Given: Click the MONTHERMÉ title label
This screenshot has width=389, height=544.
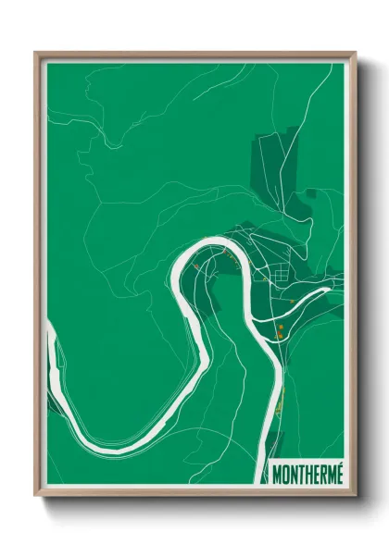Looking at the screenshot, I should click(308, 474).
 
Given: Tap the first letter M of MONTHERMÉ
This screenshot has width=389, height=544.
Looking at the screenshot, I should click(279, 474).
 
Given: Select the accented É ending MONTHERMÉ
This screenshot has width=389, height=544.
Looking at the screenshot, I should click(338, 473).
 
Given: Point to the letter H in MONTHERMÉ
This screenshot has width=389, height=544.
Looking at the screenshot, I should click(308, 474).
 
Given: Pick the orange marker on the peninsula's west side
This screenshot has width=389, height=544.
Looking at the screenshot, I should click(196, 268).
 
